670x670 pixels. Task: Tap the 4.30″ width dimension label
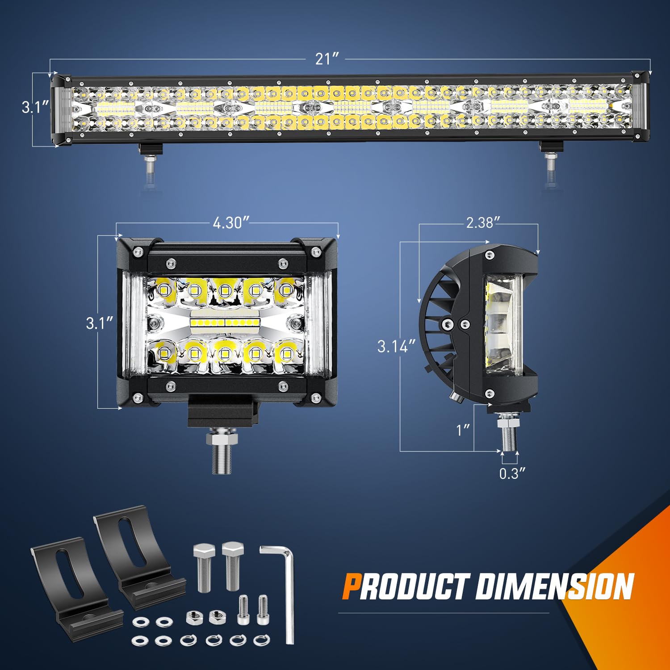(230, 222)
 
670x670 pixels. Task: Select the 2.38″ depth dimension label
(483, 222)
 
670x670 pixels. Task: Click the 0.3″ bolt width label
(512, 473)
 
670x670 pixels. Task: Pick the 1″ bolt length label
(463, 430)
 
